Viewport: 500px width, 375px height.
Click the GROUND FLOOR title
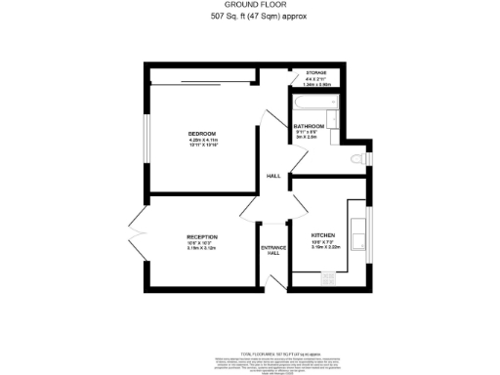(249, 7)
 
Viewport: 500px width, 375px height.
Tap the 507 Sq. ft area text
(249, 18)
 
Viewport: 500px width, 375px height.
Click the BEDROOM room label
(201, 133)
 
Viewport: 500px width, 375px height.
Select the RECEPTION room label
(201, 236)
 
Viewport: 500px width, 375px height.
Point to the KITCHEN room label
(323, 236)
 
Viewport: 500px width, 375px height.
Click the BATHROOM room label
(309, 126)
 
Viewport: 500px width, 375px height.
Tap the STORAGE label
(315, 73)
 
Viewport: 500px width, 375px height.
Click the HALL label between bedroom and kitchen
(273, 176)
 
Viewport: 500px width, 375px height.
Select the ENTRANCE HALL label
(273, 250)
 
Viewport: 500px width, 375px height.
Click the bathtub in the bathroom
(312, 102)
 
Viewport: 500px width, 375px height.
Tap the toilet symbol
(359, 157)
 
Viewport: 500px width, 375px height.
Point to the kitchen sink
(357, 234)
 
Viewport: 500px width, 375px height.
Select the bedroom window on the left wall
(147, 136)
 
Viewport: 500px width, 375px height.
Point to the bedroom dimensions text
(201, 143)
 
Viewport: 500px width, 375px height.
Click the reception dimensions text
(201, 246)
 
